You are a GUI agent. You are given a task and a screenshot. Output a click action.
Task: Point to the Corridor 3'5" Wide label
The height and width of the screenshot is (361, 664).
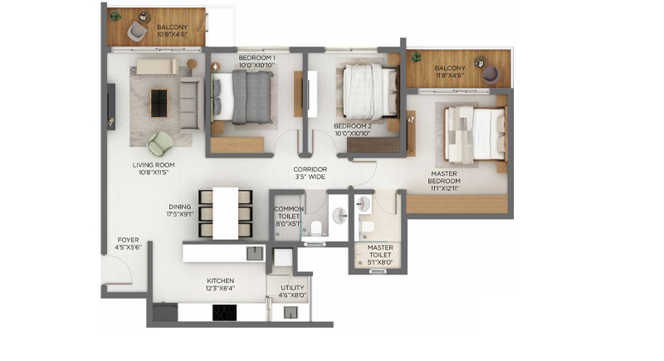coord(310,173)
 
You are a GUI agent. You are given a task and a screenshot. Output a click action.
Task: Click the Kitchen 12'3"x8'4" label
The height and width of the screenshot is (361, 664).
coord(220,285)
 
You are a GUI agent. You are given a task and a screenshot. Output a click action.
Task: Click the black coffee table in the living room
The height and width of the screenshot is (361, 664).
coord(159,103)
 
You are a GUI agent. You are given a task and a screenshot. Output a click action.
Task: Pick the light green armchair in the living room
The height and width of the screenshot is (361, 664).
coord(160,144)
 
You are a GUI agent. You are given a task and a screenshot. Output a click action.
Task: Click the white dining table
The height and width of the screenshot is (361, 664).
coord(225,214)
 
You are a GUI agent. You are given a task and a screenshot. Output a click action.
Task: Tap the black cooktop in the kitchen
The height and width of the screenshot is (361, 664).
coord(224,313)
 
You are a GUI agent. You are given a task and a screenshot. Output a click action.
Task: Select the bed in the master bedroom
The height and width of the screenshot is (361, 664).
coord(475,134)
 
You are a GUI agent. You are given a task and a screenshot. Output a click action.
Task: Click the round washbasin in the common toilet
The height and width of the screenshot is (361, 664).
coord(340,216)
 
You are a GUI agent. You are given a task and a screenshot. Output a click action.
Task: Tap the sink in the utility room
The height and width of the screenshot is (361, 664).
coord(290,312)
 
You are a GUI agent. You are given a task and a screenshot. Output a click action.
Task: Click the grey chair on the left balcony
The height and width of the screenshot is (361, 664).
coord(137,31)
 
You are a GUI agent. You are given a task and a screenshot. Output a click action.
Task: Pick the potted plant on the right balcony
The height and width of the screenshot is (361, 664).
coord(417,56)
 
